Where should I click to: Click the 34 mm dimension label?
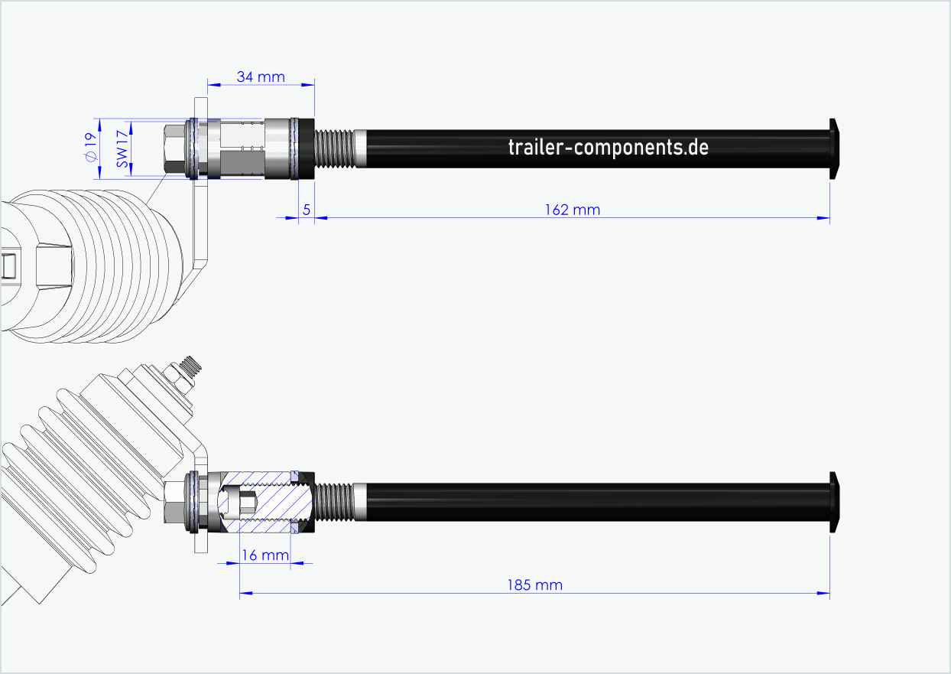tap(260, 77)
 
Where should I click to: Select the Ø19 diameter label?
tap(90, 148)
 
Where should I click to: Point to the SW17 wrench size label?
tap(120, 148)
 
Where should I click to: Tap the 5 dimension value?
tap(306, 210)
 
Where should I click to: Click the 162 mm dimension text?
tap(572, 210)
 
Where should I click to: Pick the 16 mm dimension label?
tap(265, 555)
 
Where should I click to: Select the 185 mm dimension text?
tap(534, 585)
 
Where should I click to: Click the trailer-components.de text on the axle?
tap(608, 147)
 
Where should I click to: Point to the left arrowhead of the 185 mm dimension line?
tap(245, 593)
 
